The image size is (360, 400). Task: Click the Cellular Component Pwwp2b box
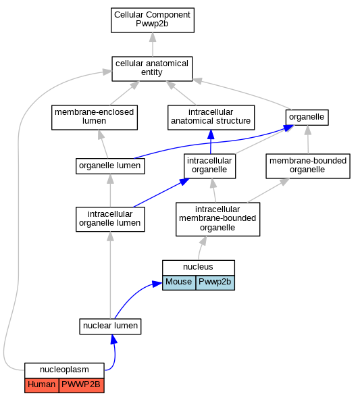coord(153,20)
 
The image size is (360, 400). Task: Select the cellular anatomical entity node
coord(152,69)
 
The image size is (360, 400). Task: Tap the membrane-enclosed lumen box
coord(95,118)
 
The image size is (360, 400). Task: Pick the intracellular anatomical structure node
coord(211,118)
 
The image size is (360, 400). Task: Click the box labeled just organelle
coord(307,118)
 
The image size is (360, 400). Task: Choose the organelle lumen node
coord(110,166)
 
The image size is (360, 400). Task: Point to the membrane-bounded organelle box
coord(308,166)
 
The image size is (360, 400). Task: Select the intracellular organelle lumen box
coord(110,220)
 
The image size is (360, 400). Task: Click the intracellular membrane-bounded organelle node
coord(217,220)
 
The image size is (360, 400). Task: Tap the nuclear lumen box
coord(110,326)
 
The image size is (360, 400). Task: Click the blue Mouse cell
coord(179,282)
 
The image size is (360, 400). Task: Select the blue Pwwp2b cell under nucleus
coord(215,282)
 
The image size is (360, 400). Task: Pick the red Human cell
coord(42,385)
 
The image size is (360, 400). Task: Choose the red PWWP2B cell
coord(81,385)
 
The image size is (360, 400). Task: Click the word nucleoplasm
coord(64,370)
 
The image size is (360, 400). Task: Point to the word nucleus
coord(198,267)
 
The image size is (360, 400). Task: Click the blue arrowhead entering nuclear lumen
coord(113,339)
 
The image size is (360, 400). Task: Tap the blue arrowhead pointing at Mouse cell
coord(157,284)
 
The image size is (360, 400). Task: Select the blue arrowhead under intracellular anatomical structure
coord(211,134)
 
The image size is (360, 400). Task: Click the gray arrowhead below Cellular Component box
coord(153,37)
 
